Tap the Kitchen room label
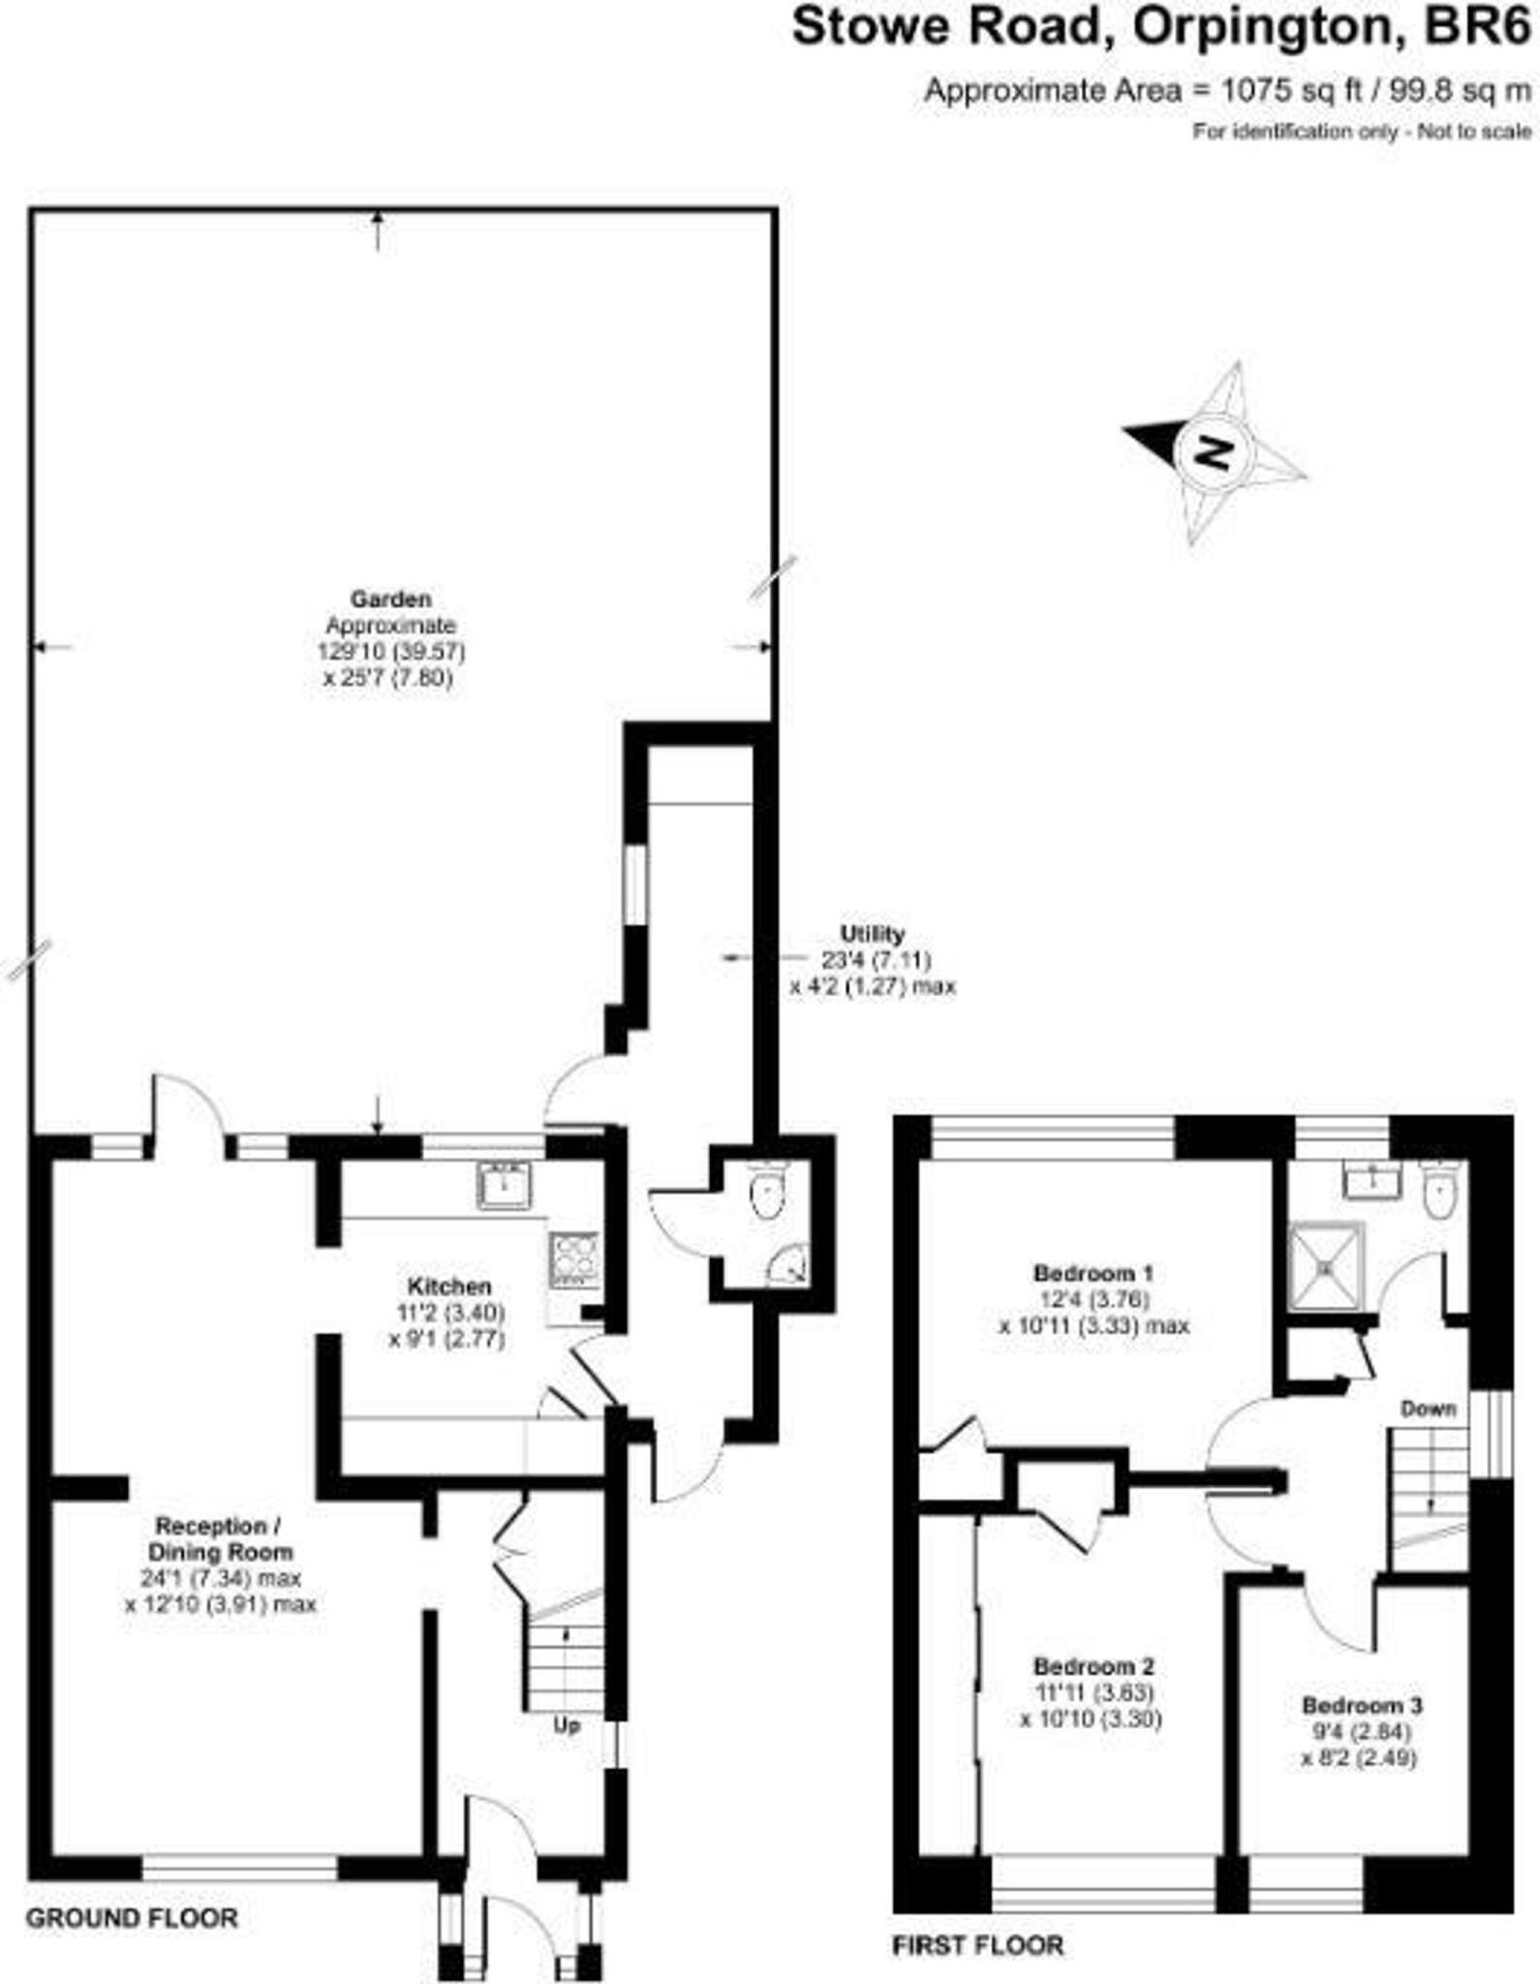coord(448,1286)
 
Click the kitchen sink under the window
coord(504,1186)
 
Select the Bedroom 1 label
coord(1093,1273)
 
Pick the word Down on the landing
coord(1428,1408)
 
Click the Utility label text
coord(872,934)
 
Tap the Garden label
coord(390,599)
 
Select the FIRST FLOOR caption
coord(977,1944)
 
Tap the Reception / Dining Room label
coord(220,1538)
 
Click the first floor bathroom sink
coord(1372,1180)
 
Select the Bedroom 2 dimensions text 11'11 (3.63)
coord(1093,1692)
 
